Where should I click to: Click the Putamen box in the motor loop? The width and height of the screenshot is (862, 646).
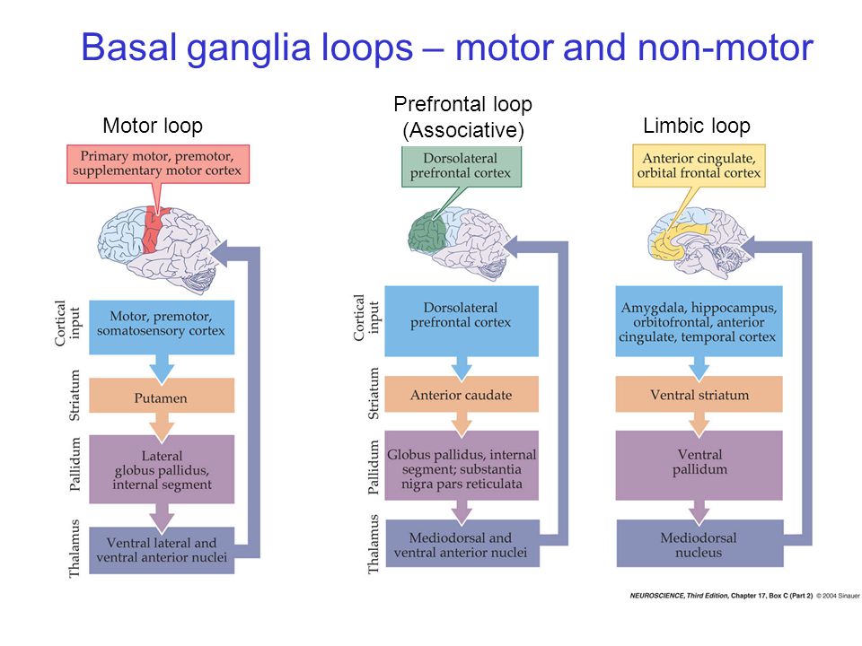click(162, 396)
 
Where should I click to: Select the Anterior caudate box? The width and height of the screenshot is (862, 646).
click(462, 394)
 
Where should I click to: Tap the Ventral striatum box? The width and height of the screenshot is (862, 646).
click(699, 394)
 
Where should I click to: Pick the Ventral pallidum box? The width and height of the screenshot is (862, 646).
click(699, 466)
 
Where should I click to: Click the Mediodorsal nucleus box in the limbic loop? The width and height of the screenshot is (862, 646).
click(699, 544)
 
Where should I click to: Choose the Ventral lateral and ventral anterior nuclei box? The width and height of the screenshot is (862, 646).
click(162, 550)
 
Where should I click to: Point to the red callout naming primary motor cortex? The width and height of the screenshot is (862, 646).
click(158, 163)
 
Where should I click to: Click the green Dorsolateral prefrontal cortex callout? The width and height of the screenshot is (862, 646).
click(462, 167)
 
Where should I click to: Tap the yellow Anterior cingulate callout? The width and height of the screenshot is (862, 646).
click(699, 166)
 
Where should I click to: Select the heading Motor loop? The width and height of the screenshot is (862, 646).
click(153, 126)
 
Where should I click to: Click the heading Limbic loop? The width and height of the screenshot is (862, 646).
click(697, 126)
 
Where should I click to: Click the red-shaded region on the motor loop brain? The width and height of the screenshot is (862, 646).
click(153, 231)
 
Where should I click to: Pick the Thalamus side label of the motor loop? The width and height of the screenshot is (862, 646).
click(75, 549)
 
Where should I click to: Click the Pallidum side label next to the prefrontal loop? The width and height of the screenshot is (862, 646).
click(373, 467)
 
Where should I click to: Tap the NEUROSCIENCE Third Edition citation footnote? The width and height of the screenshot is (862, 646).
click(745, 596)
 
